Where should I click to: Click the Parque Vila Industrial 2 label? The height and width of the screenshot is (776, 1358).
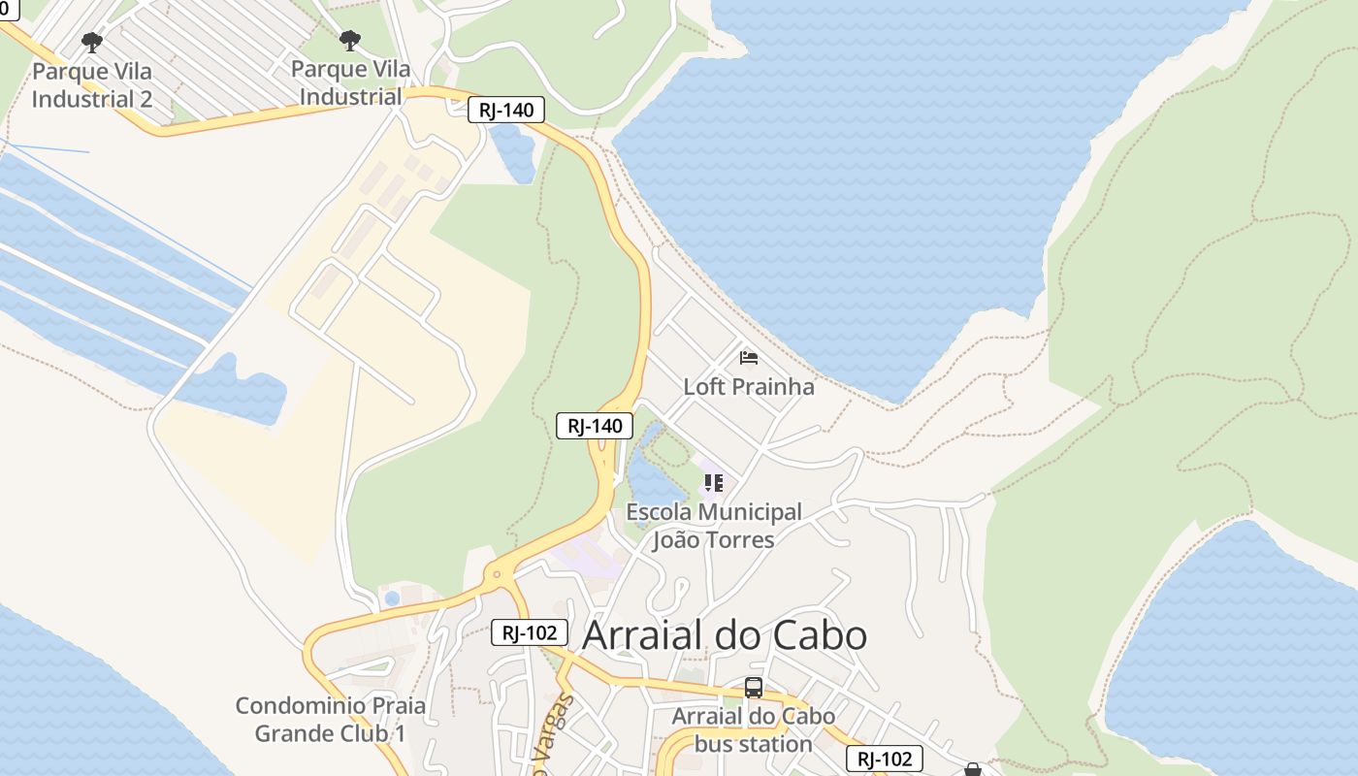(x=92, y=85)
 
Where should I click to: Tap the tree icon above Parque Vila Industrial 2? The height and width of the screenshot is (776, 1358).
(x=92, y=42)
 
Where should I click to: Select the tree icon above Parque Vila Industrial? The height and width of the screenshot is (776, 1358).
(x=350, y=40)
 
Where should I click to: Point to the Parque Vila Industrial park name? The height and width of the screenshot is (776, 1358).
(x=350, y=83)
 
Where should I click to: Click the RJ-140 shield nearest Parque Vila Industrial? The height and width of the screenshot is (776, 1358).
(x=505, y=110)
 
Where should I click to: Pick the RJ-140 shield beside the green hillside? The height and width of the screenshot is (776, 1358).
(x=595, y=425)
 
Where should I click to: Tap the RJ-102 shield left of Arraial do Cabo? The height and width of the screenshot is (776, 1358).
(x=529, y=632)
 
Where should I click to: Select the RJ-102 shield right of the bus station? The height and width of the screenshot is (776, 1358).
(x=884, y=759)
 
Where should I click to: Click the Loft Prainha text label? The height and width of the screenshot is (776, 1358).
(x=749, y=386)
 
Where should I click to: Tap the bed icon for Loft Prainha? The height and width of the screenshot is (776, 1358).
(x=748, y=358)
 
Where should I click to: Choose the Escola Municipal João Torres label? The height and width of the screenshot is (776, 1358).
(x=714, y=526)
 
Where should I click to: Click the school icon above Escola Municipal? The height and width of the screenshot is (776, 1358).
(x=714, y=482)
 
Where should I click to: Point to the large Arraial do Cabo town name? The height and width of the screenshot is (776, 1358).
(x=724, y=635)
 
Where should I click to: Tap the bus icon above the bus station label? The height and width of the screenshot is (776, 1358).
(x=754, y=688)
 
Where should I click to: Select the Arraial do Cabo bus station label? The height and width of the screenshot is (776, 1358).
(x=754, y=730)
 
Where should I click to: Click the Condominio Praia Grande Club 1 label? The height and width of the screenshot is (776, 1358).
(x=331, y=720)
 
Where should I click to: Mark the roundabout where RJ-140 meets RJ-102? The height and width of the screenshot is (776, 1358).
(x=498, y=574)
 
